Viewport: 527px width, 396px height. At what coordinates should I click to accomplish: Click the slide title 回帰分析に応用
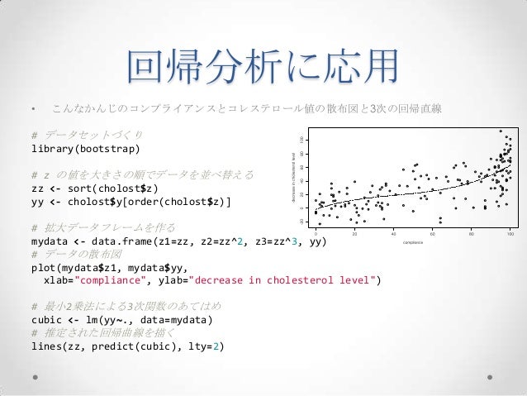click(263, 67)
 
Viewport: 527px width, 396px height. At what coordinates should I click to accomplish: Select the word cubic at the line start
click(48, 320)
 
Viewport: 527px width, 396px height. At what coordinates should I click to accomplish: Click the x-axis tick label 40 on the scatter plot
click(394, 234)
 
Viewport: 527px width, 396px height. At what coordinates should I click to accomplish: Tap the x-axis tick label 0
click(316, 234)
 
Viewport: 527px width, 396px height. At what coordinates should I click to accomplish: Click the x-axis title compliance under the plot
click(413, 242)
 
